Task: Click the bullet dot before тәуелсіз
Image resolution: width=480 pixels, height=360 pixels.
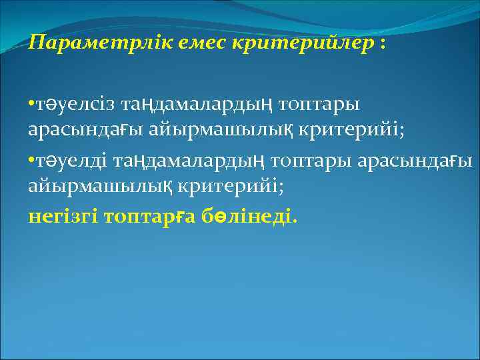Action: pyautogui.click(x=31, y=105)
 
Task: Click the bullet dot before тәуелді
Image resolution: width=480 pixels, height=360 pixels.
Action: pyautogui.click(x=31, y=161)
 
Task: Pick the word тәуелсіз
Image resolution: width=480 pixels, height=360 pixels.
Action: pyautogui.click(x=73, y=105)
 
